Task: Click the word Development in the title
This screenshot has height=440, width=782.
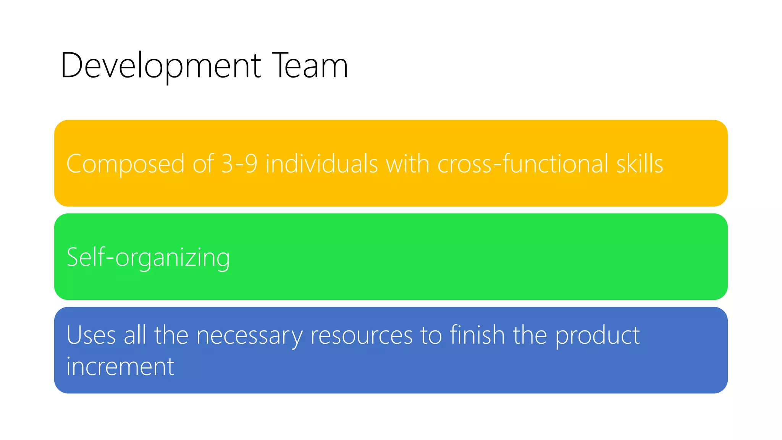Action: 160,66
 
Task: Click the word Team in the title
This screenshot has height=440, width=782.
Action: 310,66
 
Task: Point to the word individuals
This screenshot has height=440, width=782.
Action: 322,163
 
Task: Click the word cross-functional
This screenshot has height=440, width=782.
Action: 523,163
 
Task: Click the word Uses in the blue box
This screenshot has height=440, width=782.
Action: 91,335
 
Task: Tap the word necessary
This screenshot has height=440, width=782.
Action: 249,335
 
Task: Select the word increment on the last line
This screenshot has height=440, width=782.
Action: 120,366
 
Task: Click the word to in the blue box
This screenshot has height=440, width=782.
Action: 431,335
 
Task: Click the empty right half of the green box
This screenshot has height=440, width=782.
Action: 554,257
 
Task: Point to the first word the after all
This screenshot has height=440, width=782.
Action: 171,335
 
